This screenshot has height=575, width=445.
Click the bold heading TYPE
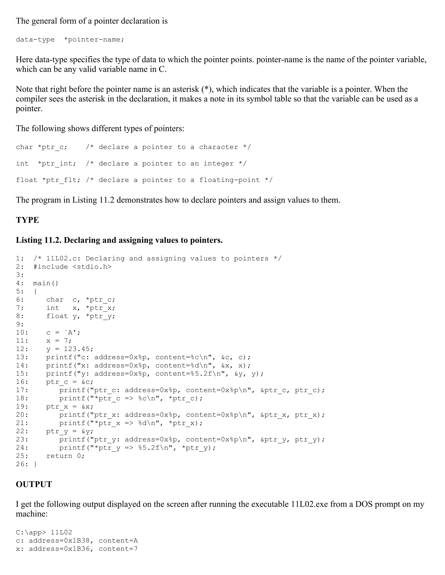(27, 220)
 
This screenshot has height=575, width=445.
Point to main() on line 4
(46, 283)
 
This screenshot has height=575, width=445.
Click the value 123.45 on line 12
(78, 349)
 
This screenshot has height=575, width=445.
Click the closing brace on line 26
(35, 464)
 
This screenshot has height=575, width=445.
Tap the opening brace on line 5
(35, 291)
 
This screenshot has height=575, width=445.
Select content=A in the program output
(118, 540)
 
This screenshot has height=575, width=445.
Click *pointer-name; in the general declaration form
(94, 40)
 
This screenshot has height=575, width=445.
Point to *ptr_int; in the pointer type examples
(57, 164)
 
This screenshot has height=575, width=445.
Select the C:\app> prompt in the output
(31, 532)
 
